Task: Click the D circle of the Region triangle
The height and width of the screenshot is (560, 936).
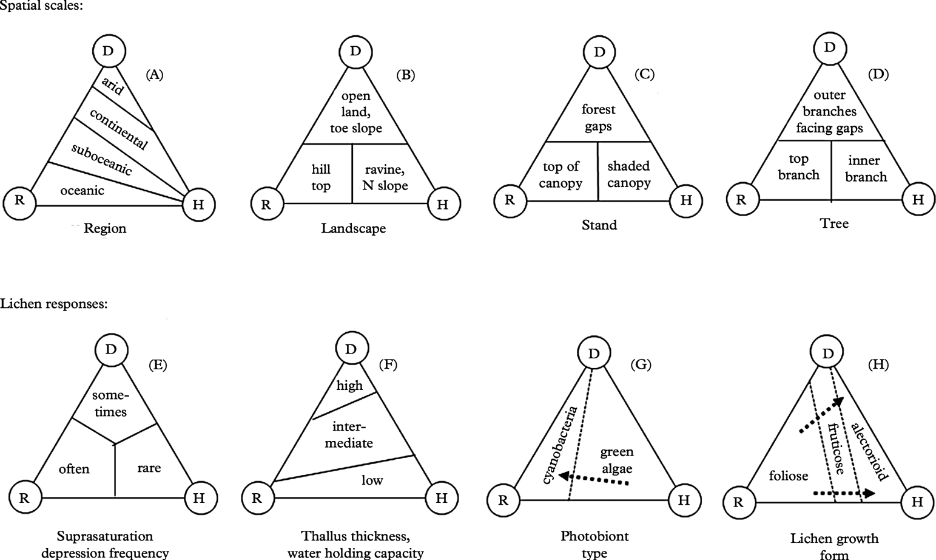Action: [x=108, y=51]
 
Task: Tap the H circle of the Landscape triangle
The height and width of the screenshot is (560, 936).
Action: [x=443, y=204]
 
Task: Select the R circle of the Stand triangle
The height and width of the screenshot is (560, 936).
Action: [x=510, y=200]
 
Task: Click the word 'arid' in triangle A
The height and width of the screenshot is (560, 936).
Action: [x=113, y=86]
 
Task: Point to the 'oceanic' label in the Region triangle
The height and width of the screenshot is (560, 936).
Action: [x=82, y=191]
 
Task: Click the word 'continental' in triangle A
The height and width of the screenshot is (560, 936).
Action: [x=119, y=129]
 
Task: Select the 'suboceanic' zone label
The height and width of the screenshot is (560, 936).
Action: [x=101, y=159]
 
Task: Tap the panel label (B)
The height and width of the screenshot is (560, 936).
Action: [x=405, y=75]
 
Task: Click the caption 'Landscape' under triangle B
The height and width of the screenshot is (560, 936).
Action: [x=354, y=229]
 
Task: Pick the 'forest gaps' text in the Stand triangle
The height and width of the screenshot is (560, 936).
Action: [x=598, y=118]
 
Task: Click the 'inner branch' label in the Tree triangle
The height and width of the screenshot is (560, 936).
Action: [x=866, y=169]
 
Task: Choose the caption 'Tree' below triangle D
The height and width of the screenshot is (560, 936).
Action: [x=834, y=224]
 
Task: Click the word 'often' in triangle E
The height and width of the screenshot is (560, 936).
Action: [x=74, y=469]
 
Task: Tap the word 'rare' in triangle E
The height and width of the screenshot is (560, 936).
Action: [x=149, y=468]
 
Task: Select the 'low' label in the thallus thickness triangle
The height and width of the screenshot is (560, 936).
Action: [x=372, y=480]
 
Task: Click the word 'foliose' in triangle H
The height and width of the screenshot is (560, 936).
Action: [x=789, y=476]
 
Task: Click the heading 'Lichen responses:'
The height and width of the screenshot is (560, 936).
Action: [x=54, y=304]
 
